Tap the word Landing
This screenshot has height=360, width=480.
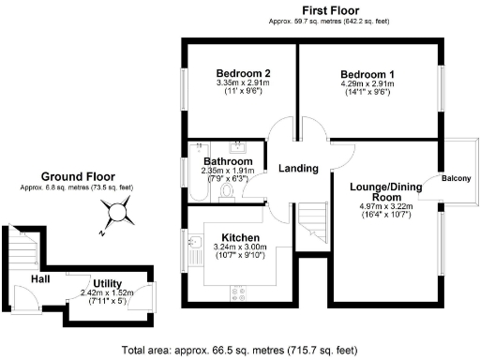point(299,169)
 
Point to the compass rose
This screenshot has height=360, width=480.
point(116,215)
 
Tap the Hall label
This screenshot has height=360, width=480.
point(39,278)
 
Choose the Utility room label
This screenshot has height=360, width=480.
point(106,283)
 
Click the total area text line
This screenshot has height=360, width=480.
point(240,351)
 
